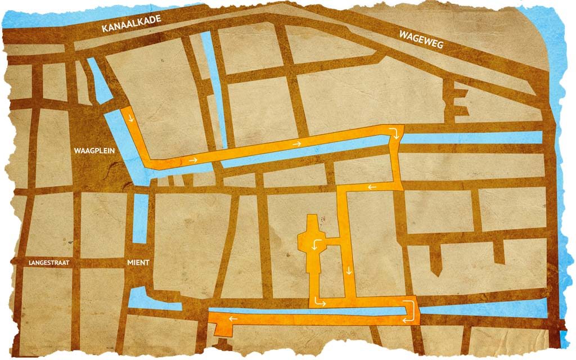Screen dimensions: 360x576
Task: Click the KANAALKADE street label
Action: tap(131, 23)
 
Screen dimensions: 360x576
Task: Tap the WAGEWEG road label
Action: tap(421, 41)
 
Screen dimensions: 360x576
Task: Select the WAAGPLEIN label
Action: tap(90, 151)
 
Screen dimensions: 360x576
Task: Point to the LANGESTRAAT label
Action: tap(52, 263)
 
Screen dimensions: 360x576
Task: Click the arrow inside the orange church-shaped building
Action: tap(317, 245)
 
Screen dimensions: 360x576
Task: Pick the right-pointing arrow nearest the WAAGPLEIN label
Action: tap(193, 161)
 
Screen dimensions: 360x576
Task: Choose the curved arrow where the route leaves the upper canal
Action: tap(397, 133)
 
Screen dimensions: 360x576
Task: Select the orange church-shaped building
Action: tap(312, 247)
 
